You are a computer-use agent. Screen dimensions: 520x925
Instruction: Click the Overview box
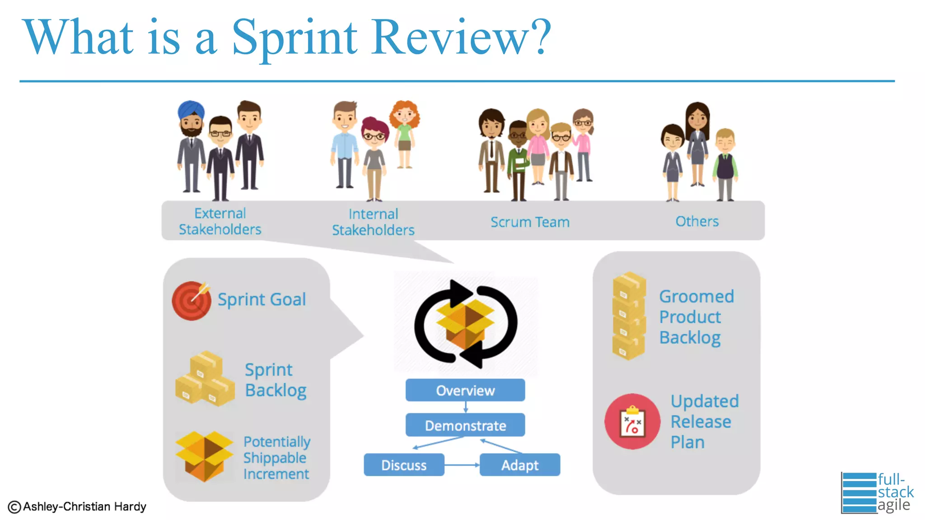(465, 390)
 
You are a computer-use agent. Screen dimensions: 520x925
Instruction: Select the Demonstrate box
(465, 425)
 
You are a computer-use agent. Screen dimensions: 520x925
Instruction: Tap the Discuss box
(404, 465)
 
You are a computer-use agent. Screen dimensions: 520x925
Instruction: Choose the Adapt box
(520, 465)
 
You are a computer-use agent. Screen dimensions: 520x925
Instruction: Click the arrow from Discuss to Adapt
(462, 464)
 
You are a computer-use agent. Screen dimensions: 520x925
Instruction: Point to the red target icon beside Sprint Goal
(192, 301)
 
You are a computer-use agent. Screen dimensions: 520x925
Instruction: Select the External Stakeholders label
(220, 221)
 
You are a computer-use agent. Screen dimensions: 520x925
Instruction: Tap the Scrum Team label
(530, 222)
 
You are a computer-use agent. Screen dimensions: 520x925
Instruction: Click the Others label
(697, 221)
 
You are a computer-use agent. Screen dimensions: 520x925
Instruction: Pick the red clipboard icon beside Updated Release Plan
(632, 422)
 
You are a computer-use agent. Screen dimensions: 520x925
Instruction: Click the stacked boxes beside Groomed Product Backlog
(628, 316)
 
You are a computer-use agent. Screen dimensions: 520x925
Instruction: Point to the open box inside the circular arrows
(465, 323)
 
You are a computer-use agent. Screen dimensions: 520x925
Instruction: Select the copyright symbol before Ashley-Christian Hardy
(14, 507)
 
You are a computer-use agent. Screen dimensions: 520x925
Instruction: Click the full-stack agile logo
(876, 492)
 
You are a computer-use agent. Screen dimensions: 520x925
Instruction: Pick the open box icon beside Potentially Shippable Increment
(204, 456)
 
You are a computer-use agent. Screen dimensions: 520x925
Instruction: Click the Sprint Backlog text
(276, 380)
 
